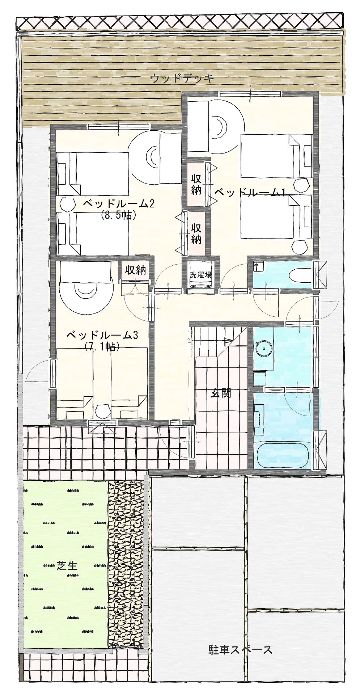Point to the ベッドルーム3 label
pyautogui.click(x=102, y=335)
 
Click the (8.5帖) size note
pyautogui.click(x=118, y=215)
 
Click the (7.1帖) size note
pyautogui.click(x=102, y=347)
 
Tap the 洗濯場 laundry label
pyautogui.click(x=201, y=274)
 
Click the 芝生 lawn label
pyautogui.click(x=67, y=565)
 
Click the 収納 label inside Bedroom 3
pyautogui.click(x=135, y=270)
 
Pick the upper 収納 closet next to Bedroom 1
pyautogui.click(x=196, y=185)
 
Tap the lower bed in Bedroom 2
pyautogui.click(x=93, y=233)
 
